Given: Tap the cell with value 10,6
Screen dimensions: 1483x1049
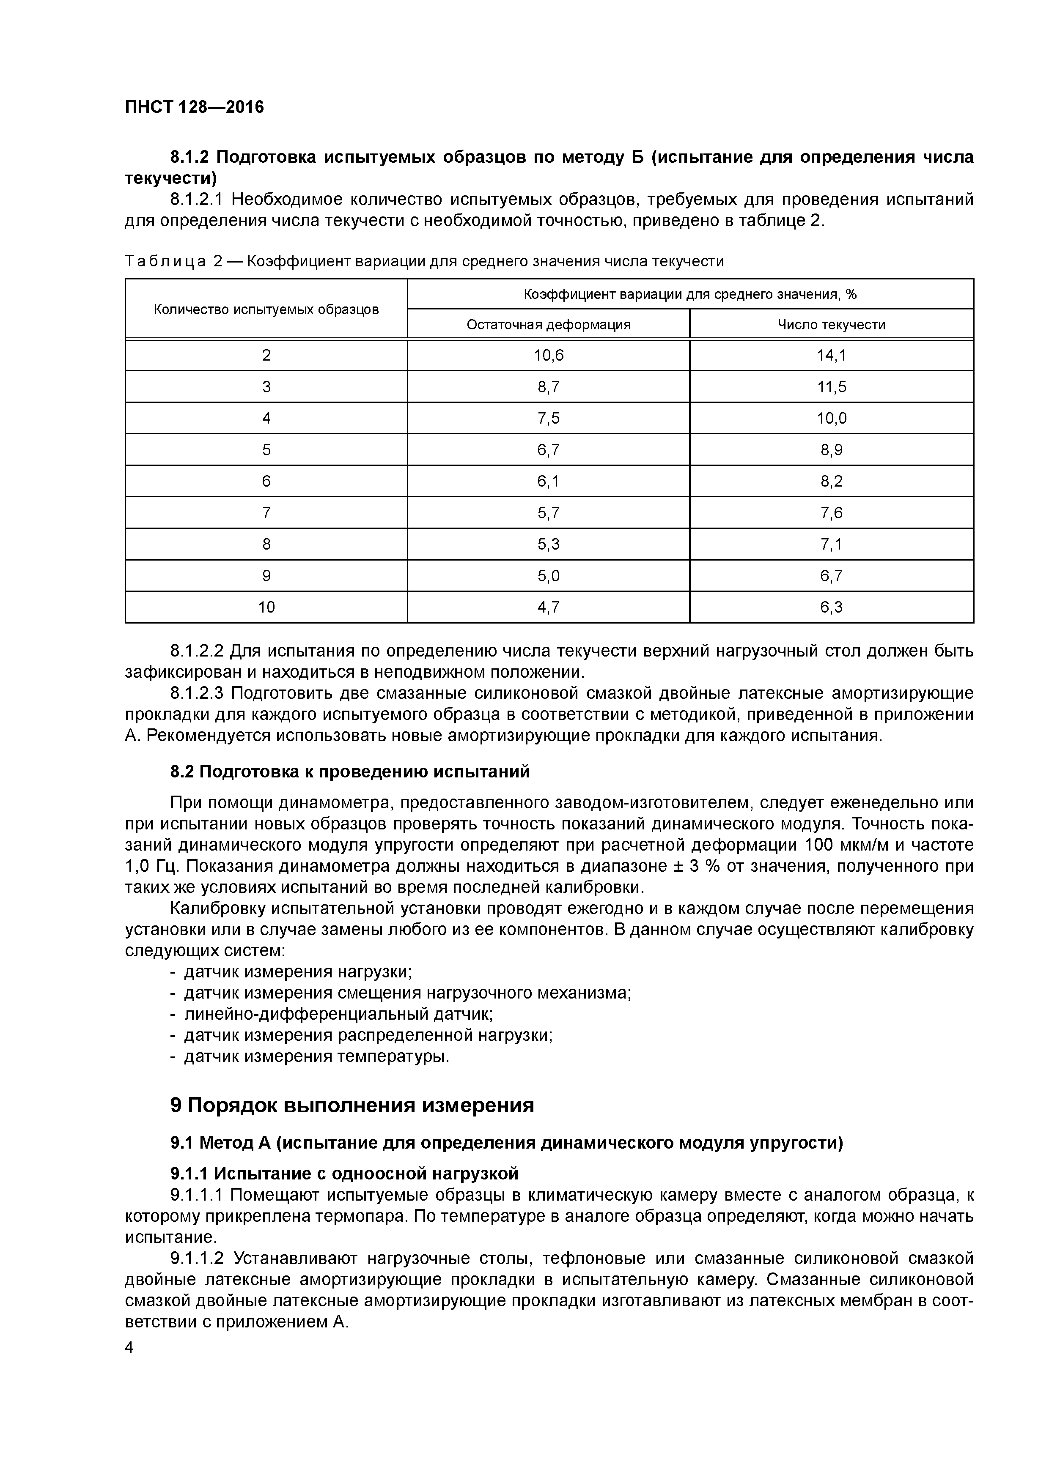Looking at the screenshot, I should [x=548, y=355].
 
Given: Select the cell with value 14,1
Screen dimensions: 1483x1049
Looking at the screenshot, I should [x=831, y=355].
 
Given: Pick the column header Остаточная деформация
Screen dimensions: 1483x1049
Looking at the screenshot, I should [x=548, y=324].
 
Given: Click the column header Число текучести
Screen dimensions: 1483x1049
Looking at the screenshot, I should [x=831, y=324].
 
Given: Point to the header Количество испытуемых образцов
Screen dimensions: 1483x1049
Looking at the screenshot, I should [x=266, y=309].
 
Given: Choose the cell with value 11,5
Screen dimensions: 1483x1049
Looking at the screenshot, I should [x=831, y=387].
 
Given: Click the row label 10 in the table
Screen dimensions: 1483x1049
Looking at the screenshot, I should [x=266, y=607].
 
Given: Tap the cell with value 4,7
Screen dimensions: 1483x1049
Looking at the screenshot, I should [x=548, y=607].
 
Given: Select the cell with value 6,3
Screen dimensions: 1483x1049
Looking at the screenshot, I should [x=831, y=607].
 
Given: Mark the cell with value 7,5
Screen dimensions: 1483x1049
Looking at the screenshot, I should [x=548, y=419].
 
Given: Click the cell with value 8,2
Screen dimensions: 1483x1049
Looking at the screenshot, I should [x=831, y=481].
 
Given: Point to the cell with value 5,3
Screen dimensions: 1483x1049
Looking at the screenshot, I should [x=548, y=544].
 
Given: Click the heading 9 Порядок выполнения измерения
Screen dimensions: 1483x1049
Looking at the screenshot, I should [x=352, y=1105].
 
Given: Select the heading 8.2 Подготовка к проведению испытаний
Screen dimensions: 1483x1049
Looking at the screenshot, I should [x=350, y=772].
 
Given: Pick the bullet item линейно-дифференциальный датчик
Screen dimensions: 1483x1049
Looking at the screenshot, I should [x=338, y=1014].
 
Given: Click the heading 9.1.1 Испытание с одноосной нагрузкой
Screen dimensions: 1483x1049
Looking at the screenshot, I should [x=344, y=1173].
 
